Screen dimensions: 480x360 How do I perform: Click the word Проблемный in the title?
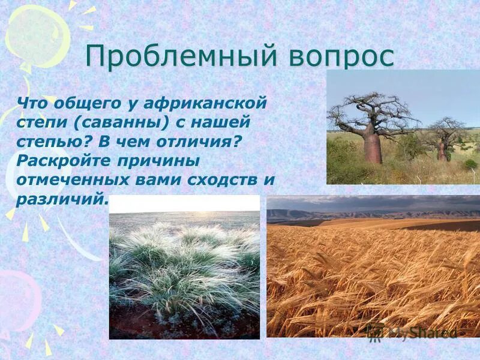pyautogui.click(x=181, y=56)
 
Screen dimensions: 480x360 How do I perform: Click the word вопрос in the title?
pyautogui.click(x=341, y=58)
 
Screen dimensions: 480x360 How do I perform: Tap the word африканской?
pyautogui.click(x=205, y=103)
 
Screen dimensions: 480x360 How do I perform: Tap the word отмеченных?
pyautogui.click(x=73, y=180)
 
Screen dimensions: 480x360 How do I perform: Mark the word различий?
pyautogui.click(x=62, y=199)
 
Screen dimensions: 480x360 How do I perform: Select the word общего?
pyautogui.click(x=88, y=104)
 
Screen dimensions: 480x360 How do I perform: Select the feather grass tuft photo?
pyautogui.click(x=185, y=267)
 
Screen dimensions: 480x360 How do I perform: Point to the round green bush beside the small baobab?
pyautogui.click(x=471, y=164)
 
